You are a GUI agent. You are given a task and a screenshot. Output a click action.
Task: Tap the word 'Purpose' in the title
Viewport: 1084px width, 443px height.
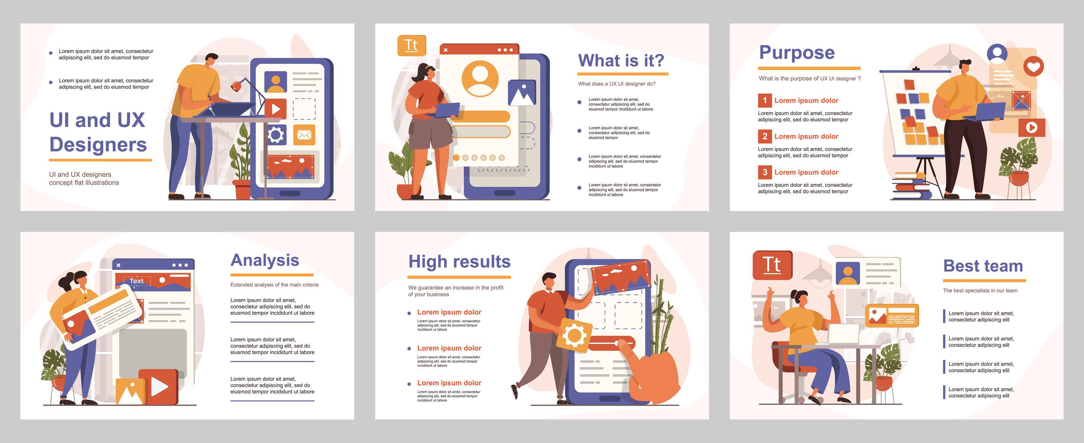[796, 53]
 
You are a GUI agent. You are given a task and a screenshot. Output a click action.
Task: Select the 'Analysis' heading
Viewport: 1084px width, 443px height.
[265, 260]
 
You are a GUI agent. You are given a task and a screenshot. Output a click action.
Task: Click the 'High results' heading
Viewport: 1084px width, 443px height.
[459, 262]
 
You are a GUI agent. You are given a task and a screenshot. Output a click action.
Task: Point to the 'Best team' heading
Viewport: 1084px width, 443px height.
[983, 266]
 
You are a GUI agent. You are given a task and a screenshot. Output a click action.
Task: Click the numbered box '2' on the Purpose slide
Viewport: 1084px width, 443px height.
[765, 136]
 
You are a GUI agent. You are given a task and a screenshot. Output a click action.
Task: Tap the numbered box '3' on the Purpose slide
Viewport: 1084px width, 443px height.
[765, 172]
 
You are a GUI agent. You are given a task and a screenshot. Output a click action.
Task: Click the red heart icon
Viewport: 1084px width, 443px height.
[1034, 66]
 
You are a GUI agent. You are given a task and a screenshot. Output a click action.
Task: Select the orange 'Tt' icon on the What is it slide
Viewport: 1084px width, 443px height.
[411, 45]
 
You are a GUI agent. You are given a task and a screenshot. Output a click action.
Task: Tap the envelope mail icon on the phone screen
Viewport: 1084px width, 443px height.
[304, 135]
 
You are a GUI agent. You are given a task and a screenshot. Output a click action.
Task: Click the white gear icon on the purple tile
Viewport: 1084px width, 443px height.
[275, 135]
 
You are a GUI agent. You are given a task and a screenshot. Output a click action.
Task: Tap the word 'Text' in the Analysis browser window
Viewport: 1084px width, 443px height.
[136, 281]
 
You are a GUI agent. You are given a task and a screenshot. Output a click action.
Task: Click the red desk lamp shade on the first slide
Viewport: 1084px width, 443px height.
[236, 86]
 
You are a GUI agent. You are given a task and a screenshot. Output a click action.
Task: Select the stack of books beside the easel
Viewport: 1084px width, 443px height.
[911, 187]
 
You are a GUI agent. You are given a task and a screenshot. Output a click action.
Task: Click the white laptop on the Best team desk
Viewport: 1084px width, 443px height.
[844, 334]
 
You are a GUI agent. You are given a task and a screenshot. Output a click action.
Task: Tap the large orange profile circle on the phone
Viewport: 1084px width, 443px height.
[480, 79]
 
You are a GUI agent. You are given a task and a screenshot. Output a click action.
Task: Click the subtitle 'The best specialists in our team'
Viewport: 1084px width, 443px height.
[980, 290]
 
